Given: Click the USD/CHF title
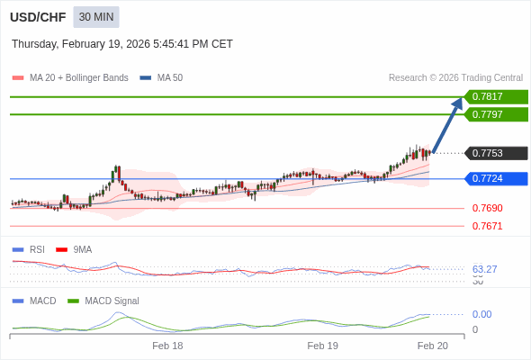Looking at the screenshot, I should pos(38,17).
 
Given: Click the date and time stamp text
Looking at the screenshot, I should pos(122,43).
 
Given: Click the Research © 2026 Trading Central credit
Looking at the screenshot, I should pos(455,78).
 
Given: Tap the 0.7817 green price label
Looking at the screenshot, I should pos(495,97).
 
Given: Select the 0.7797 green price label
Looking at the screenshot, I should pos(495,114).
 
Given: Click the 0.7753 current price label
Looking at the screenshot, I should pos(495,153).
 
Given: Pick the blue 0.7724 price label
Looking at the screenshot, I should pos(495,178).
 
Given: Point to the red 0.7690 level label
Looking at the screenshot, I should pos(487,209).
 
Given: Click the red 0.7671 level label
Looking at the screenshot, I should pos(487,226).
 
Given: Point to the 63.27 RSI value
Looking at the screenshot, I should pos(484,269).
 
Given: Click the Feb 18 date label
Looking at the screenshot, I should pos(167,346).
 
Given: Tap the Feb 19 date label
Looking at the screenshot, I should pos(322,346).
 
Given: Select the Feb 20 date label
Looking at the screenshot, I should pos(432,346).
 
